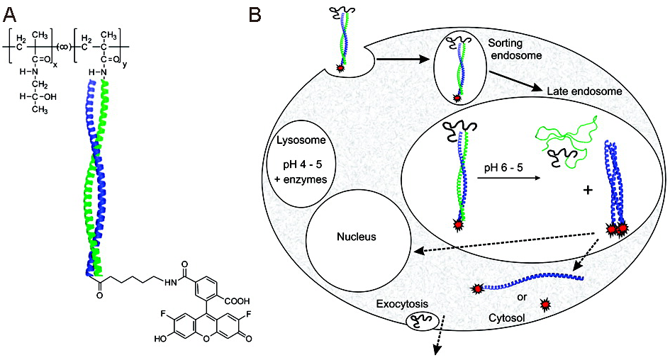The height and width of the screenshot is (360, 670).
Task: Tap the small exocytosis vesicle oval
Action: coord(418,321)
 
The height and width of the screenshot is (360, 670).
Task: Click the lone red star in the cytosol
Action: coord(545,305)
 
